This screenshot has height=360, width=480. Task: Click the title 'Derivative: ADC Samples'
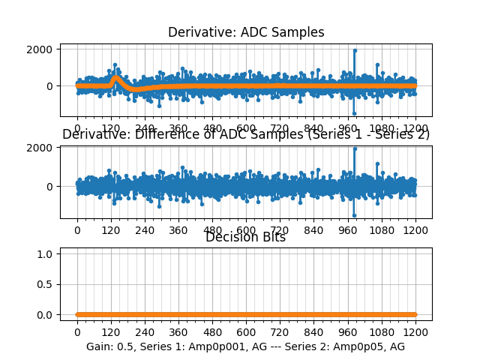pyautogui.click(x=246, y=32)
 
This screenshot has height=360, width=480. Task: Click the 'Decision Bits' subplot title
pyautogui.click(x=245, y=237)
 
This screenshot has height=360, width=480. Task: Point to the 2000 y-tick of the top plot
pyautogui.click(x=41, y=49)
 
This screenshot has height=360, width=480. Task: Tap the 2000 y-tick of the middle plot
pyautogui.click(x=41, y=148)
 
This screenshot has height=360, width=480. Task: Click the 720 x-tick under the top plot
pyautogui.click(x=280, y=128)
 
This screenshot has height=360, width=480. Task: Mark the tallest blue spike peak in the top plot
pyautogui.click(x=355, y=50)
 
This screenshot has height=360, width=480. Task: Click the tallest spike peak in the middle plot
pyautogui.click(x=355, y=148)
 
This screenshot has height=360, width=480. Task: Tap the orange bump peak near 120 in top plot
pyautogui.click(x=115, y=77)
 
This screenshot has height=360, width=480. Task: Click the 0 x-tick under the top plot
pyautogui.click(x=76, y=128)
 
